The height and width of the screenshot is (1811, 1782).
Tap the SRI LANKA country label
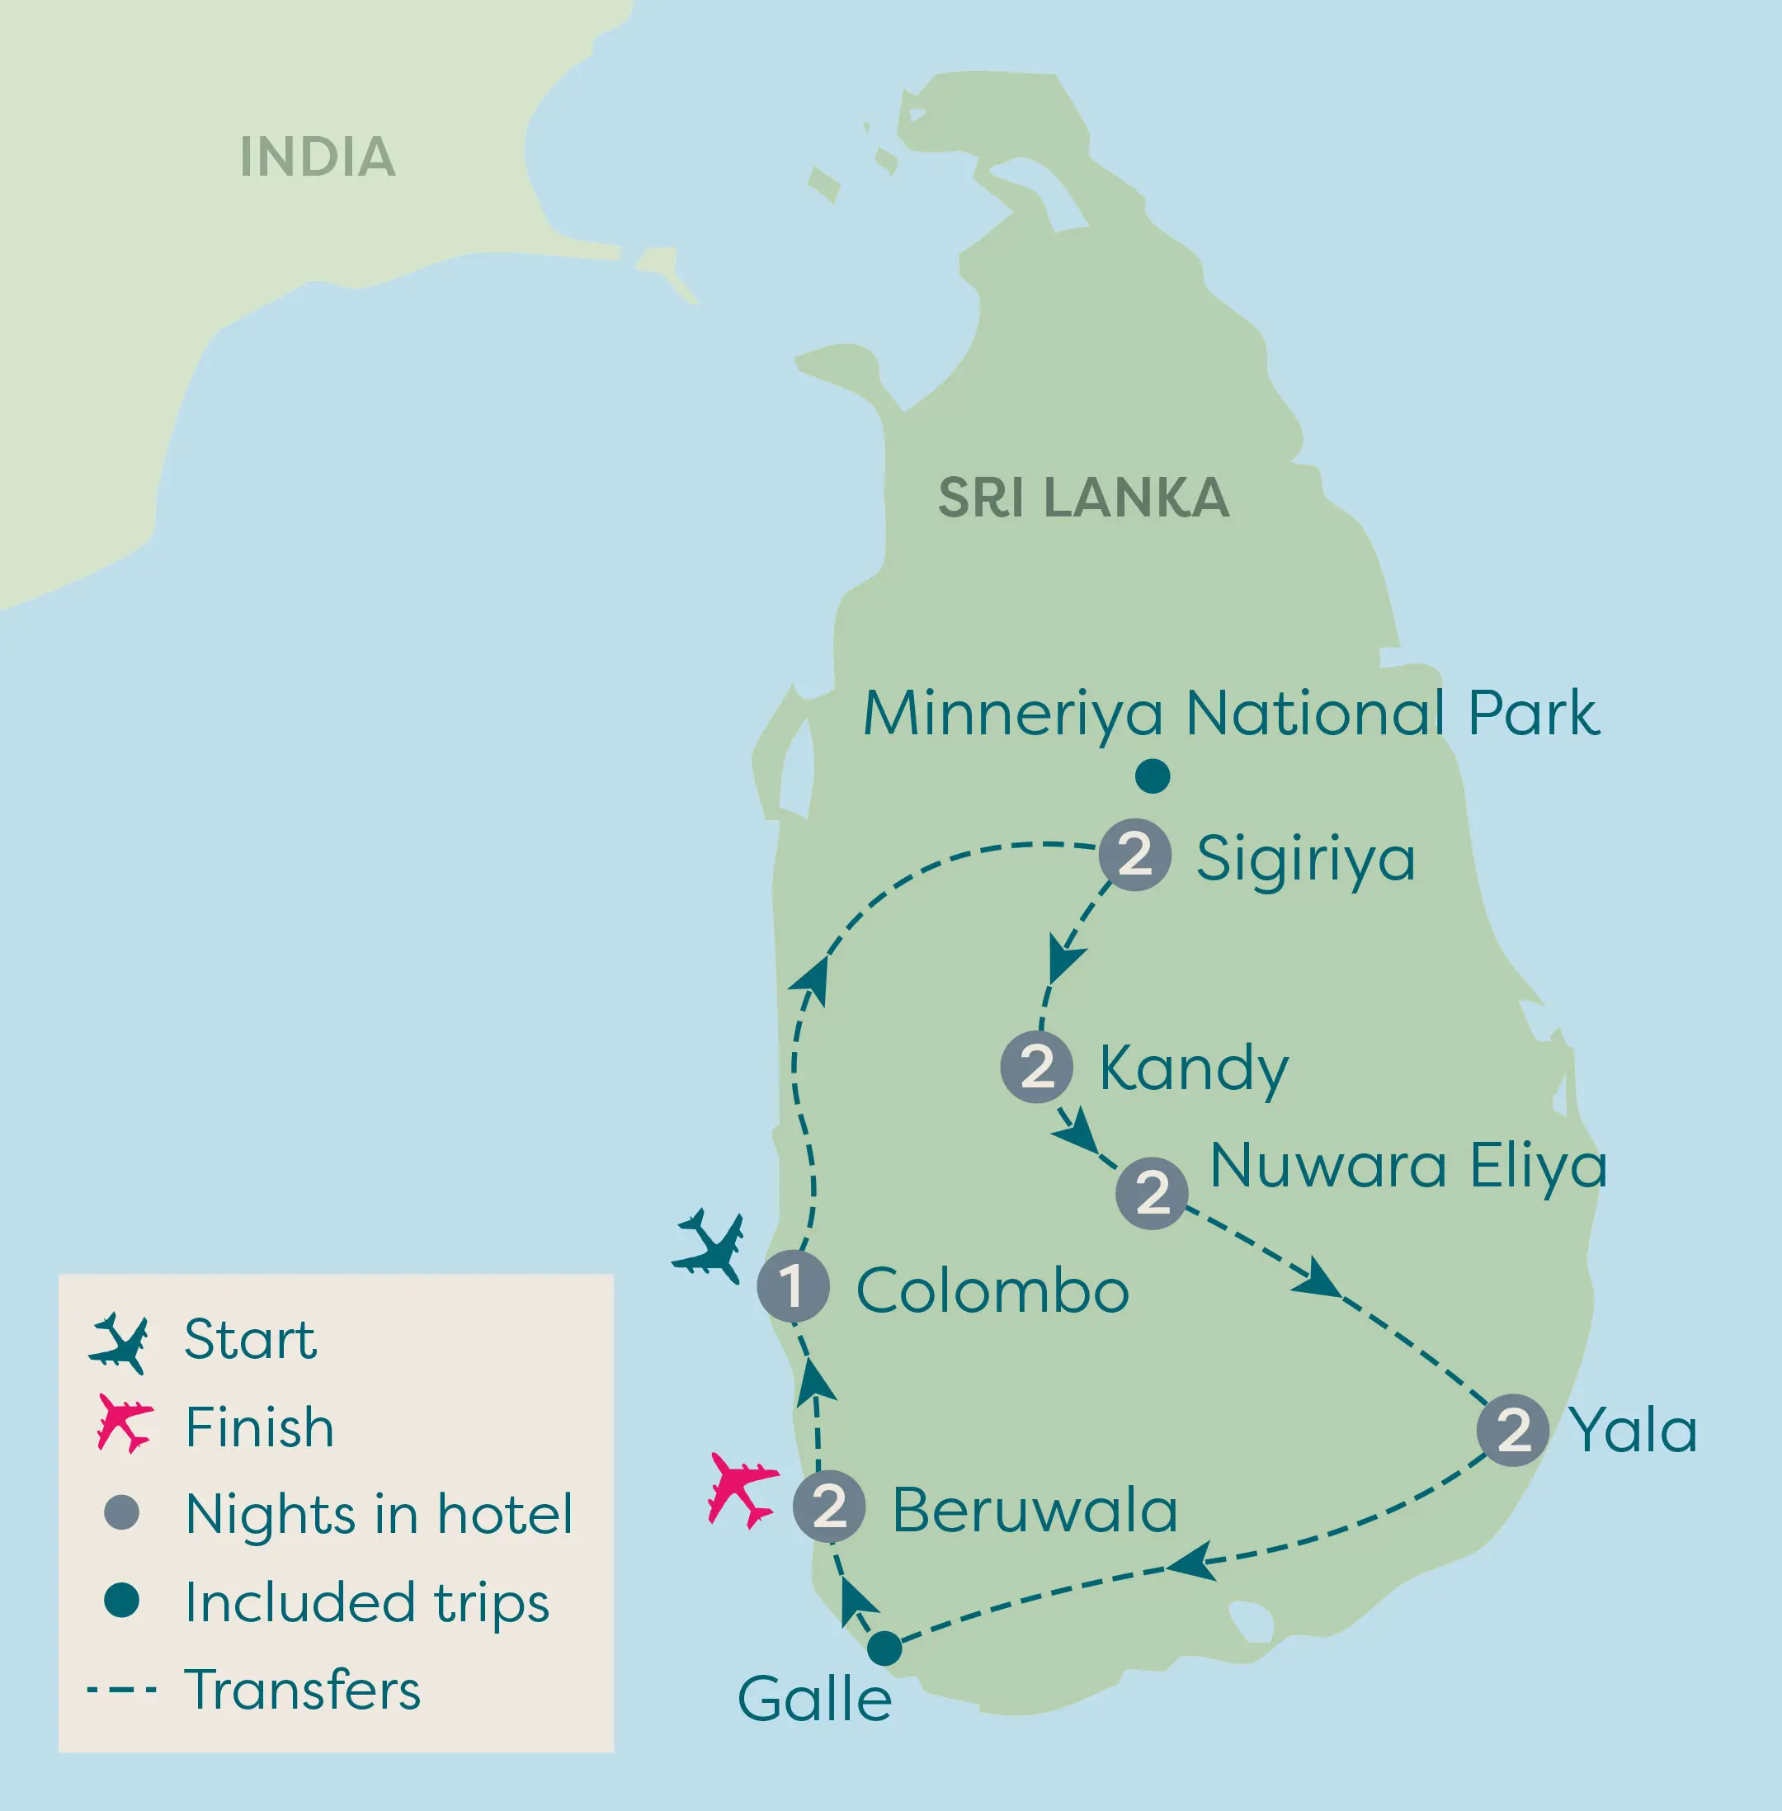1083,497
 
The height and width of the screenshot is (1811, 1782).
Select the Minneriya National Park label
1231,713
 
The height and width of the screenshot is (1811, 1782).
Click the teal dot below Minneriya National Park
1153,776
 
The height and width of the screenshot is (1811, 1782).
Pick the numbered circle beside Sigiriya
1134,855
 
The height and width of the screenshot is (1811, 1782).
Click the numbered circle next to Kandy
1037,1067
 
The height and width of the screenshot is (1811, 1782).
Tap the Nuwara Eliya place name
1408,1166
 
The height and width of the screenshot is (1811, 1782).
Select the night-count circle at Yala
1513,1429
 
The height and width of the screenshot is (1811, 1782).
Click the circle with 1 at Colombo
793,1286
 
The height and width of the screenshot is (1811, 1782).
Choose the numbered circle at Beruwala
829,1506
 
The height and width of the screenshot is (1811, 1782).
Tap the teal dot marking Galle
884,1648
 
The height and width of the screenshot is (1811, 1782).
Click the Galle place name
814,1700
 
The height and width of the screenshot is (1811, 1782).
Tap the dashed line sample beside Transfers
121,1691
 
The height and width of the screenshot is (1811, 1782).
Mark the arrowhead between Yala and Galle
1191,1562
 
